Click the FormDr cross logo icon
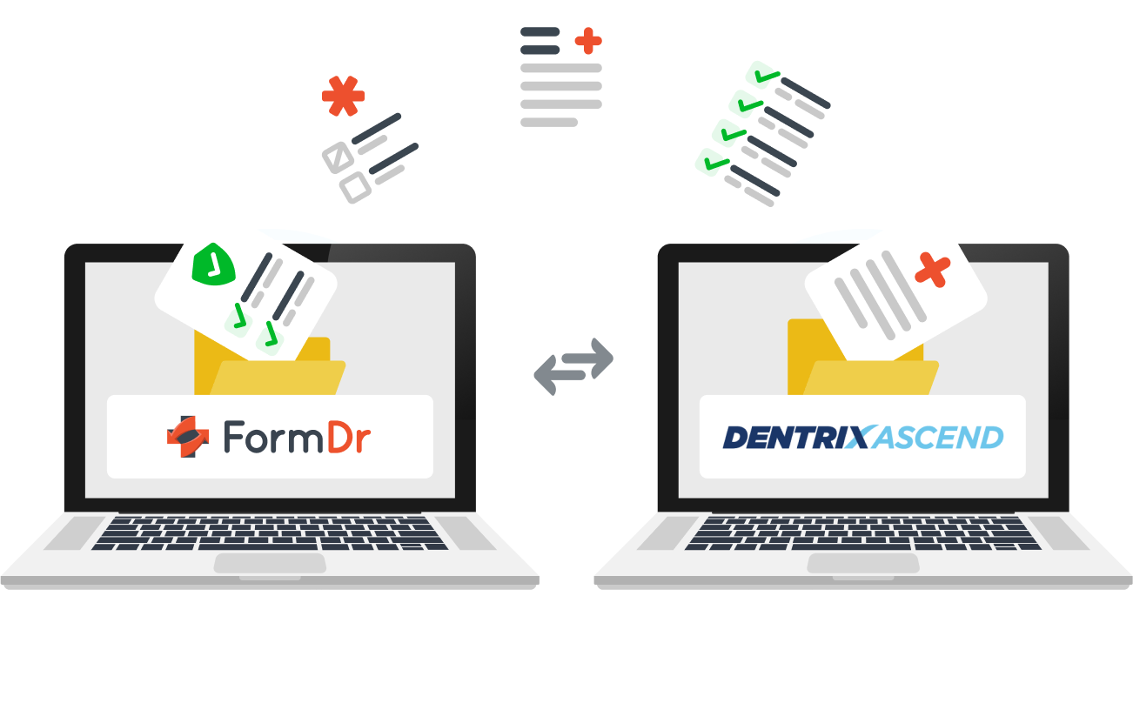188,437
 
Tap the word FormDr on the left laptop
296,438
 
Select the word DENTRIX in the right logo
795,437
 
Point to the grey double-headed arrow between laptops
573,365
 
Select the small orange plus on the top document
588,39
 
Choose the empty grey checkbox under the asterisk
355,187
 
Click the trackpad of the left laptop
270,563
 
